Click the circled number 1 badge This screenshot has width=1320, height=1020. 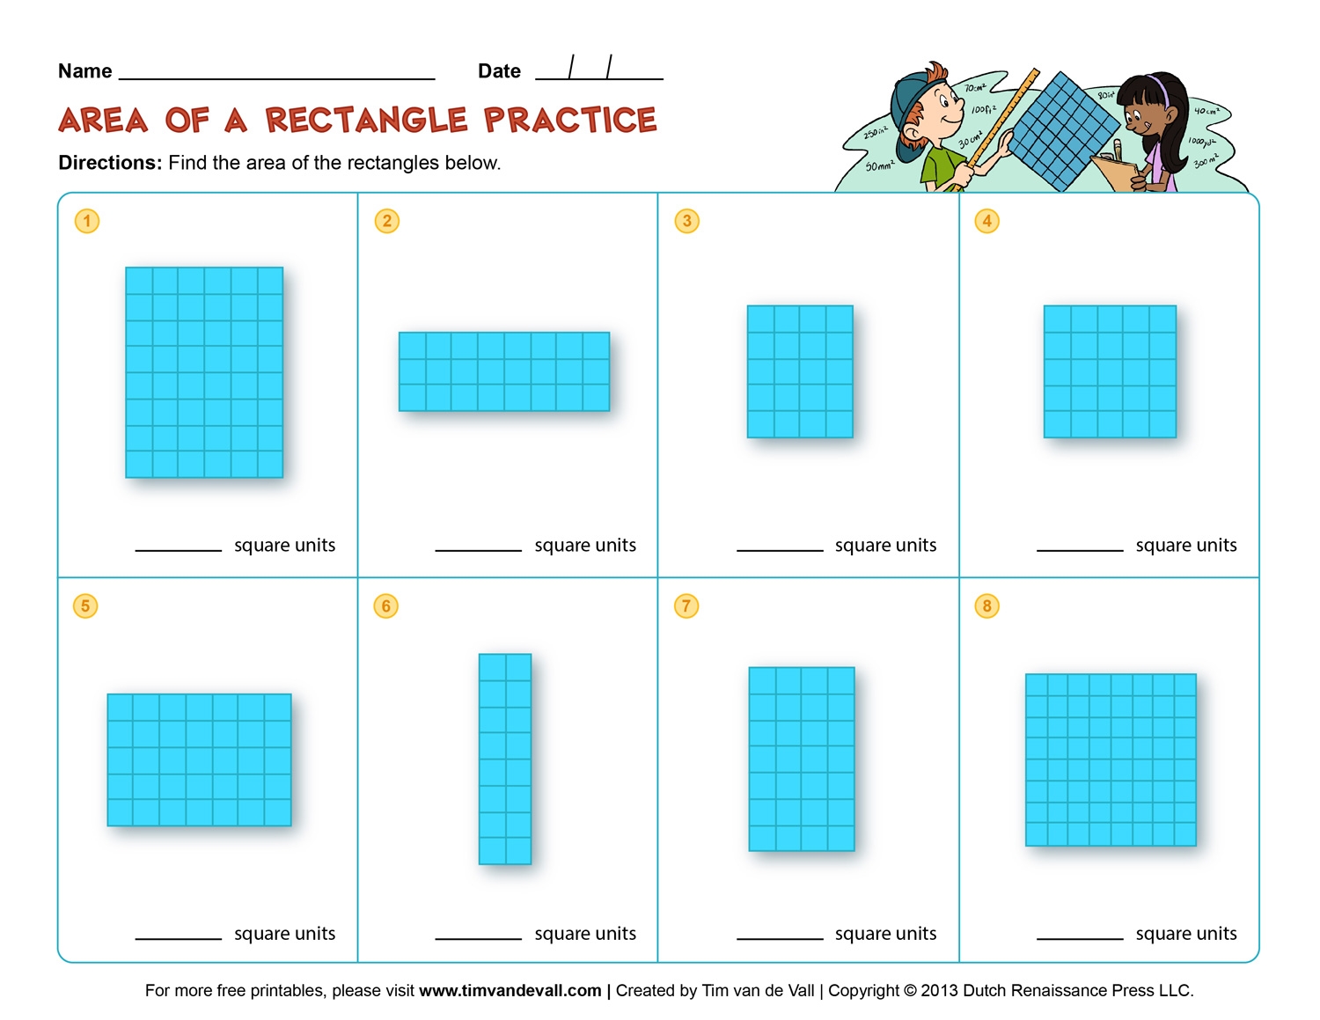(86, 221)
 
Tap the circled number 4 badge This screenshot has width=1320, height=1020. (986, 221)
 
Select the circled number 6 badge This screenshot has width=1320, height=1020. (385, 605)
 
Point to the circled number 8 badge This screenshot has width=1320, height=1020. (986, 605)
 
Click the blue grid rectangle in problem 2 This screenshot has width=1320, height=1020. (504, 371)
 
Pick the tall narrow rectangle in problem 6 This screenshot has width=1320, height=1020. (505, 759)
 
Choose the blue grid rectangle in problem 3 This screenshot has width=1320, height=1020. (800, 371)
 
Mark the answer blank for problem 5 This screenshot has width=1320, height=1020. (178, 936)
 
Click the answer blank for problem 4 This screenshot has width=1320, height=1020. (1080, 548)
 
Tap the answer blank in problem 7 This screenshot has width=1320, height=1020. (780, 936)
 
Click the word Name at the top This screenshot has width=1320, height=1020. (84, 71)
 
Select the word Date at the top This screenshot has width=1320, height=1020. (499, 71)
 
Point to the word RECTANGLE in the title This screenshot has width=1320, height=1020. (366, 121)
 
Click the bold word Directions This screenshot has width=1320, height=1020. (110, 163)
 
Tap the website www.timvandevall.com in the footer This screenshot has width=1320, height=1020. (510, 991)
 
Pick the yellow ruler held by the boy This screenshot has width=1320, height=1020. (1003, 123)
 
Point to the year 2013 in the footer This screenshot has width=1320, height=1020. (940, 991)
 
